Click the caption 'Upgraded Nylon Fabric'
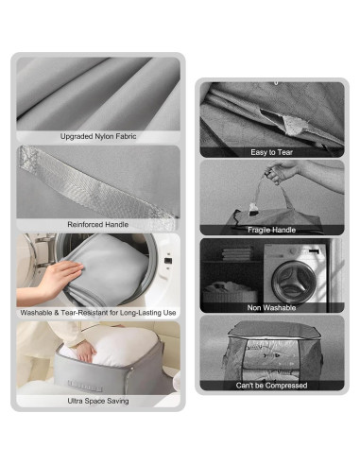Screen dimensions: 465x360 (x=98, y=136)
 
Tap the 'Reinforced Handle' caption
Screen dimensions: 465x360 (x=98, y=224)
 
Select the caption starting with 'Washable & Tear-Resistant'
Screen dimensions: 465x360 (x=98, y=312)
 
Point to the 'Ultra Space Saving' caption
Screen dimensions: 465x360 (x=98, y=401)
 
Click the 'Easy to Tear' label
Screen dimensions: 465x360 (x=271, y=151)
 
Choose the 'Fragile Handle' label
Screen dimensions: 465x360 (x=271, y=230)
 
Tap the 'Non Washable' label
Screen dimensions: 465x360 (x=271, y=307)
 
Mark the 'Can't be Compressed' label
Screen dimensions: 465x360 (x=271, y=385)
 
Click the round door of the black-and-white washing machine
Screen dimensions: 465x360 (x=293, y=274)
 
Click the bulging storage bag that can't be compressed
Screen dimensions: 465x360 (x=271, y=350)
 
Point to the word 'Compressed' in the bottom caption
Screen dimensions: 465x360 (x=287, y=385)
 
